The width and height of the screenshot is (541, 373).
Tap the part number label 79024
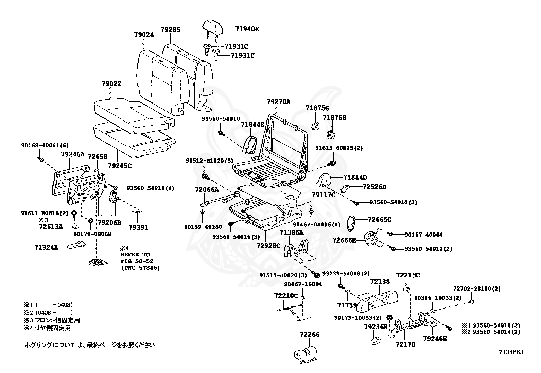(x=144, y=35)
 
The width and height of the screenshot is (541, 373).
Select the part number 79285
(x=171, y=30)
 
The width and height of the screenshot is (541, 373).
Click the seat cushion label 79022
(x=111, y=84)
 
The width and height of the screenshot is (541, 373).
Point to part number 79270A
(x=278, y=102)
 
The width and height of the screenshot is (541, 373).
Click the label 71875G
(x=317, y=108)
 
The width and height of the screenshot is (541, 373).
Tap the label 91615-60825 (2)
(x=339, y=148)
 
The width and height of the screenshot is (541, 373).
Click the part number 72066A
(x=207, y=190)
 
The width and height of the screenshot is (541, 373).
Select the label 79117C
(x=324, y=195)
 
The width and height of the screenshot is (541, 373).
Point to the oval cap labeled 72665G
(x=351, y=224)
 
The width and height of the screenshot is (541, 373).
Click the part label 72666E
(x=344, y=240)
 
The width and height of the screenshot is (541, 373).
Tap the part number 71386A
(x=292, y=232)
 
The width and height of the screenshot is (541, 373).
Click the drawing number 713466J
(x=511, y=352)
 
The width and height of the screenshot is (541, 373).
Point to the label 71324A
(x=46, y=247)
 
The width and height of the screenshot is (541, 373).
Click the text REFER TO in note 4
(x=135, y=255)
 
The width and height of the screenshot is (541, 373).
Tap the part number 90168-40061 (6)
(x=45, y=145)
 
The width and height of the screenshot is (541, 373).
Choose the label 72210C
(x=286, y=296)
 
